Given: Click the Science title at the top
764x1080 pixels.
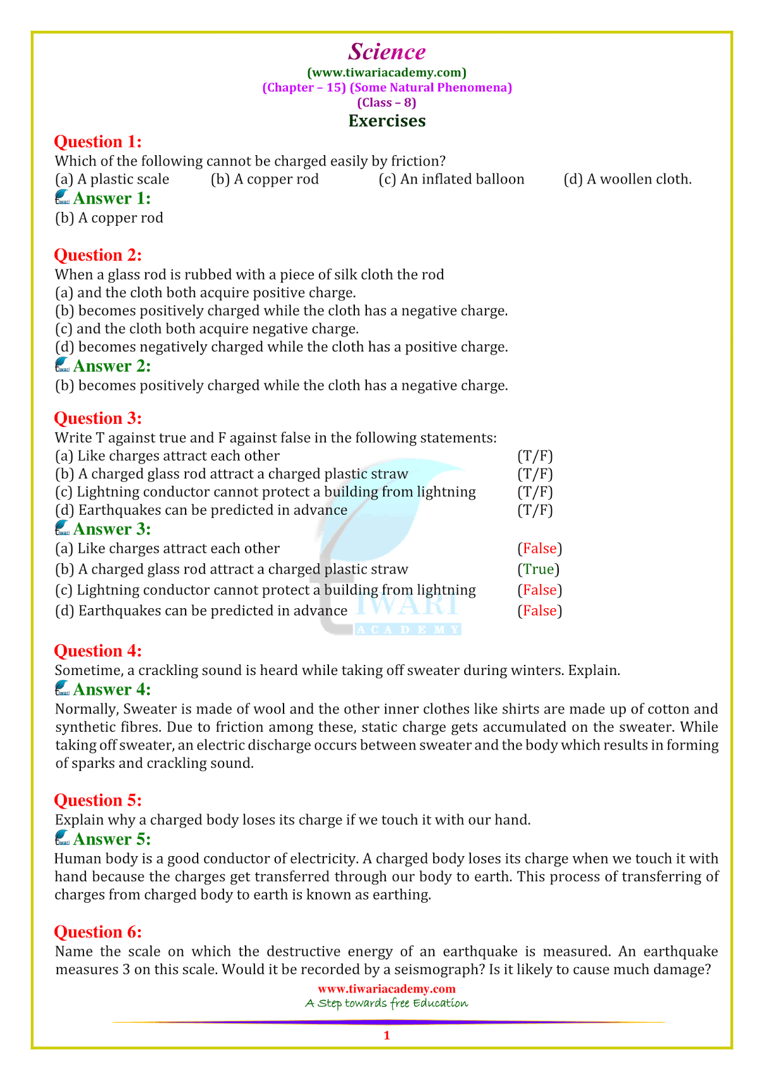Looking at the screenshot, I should click(386, 52).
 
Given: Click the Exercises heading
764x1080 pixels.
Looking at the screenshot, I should click(386, 120).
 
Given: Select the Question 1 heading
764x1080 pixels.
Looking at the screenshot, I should click(98, 141).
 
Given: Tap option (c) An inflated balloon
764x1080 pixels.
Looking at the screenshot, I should click(451, 179).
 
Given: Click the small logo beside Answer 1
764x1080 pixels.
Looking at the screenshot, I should click(62, 198).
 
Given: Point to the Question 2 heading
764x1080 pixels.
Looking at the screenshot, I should click(98, 255).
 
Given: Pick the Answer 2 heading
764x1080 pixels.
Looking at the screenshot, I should click(112, 366).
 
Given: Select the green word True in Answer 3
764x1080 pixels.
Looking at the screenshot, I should click(539, 569).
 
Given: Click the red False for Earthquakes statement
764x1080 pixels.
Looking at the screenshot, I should click(540, 611).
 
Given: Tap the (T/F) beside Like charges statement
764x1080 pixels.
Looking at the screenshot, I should click(535, 455).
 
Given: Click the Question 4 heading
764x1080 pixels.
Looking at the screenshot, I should click(98, 650).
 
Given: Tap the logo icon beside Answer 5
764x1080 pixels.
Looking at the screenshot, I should click(62, 838).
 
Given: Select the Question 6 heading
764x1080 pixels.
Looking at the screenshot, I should click(98, 932).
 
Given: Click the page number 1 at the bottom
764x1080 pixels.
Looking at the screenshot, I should click(386, 1035).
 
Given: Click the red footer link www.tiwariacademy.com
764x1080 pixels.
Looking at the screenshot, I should click(386, 989).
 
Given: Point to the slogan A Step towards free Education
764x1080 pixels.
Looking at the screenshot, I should click(386, 1003).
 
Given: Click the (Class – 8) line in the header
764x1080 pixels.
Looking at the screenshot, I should click(386, 102).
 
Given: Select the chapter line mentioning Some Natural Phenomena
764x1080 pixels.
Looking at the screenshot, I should click(386, 87).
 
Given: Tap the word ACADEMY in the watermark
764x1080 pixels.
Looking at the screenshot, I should click(408, 630).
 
